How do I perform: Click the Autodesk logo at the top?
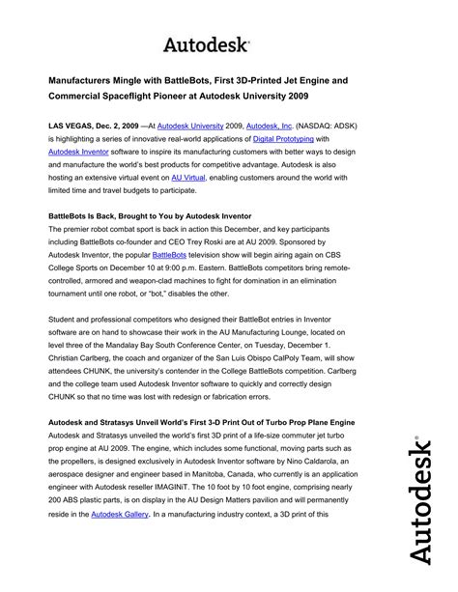click(x=205, y=44)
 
